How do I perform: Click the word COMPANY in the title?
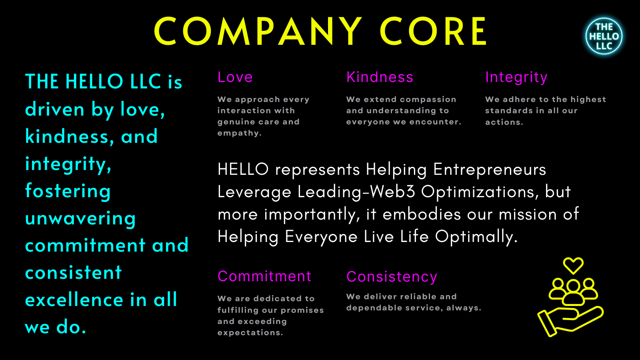(x=258, y=31)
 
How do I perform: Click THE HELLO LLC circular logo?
(x=604, y=36)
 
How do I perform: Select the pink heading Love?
(x=235, y=77)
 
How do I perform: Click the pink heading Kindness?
(x=380, y=77)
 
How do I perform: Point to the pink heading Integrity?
(x=516, y=78)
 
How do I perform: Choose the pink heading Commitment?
(x=264, y=276)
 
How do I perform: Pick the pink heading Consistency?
(x=392, y=277)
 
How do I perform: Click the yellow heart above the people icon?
(x=573, y=266)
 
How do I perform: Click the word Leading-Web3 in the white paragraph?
(x=356, y=192)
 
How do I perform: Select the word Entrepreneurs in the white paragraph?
(x=490, y=170)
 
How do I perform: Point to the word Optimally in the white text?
(x=476, y=237)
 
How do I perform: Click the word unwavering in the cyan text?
(x=80, y=218)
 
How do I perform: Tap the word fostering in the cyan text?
(x=68, y=190)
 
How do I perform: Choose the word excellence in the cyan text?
(x=74, y=300)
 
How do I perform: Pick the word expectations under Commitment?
(x=250, y=333)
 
